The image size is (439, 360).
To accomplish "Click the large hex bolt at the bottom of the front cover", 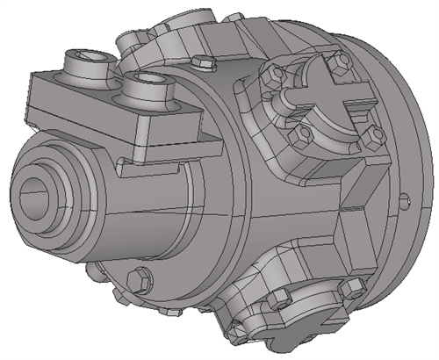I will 138,280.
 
